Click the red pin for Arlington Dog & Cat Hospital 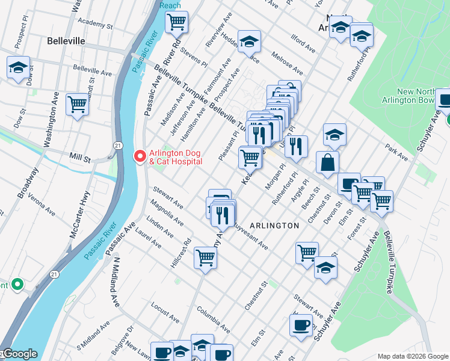(x=140, y=156)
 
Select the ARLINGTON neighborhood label (x=274, y=225)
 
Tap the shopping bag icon (x=327, y=163)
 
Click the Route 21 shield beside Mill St (x=119, y=146)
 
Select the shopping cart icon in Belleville (x=78, y=105)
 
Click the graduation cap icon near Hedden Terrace (x=248, y=42)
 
